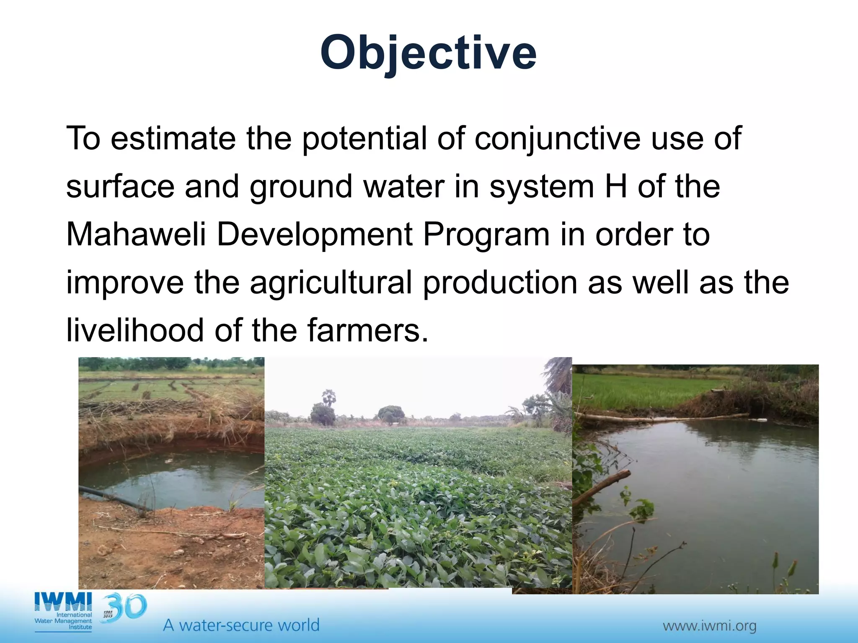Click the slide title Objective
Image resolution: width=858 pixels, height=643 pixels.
[428, 54]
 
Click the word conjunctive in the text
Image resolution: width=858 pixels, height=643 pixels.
[557, 138]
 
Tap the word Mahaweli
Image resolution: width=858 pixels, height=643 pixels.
[136, 234]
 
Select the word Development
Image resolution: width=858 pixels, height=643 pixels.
[315, 234]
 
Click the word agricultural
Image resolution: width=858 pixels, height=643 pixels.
[331, 282]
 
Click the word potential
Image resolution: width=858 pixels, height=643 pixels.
[364, 138]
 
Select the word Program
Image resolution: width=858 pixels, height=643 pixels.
[486, 234]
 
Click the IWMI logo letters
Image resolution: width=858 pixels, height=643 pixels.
[63, 602]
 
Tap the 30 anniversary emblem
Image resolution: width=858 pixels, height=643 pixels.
[124, 607]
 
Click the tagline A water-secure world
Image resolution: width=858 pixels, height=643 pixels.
[241, 625]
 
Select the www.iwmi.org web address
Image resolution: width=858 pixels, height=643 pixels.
[709, 626]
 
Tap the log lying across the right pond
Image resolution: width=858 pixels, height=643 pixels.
[662, 417]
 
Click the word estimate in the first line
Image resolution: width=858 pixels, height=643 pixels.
[173, 138]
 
